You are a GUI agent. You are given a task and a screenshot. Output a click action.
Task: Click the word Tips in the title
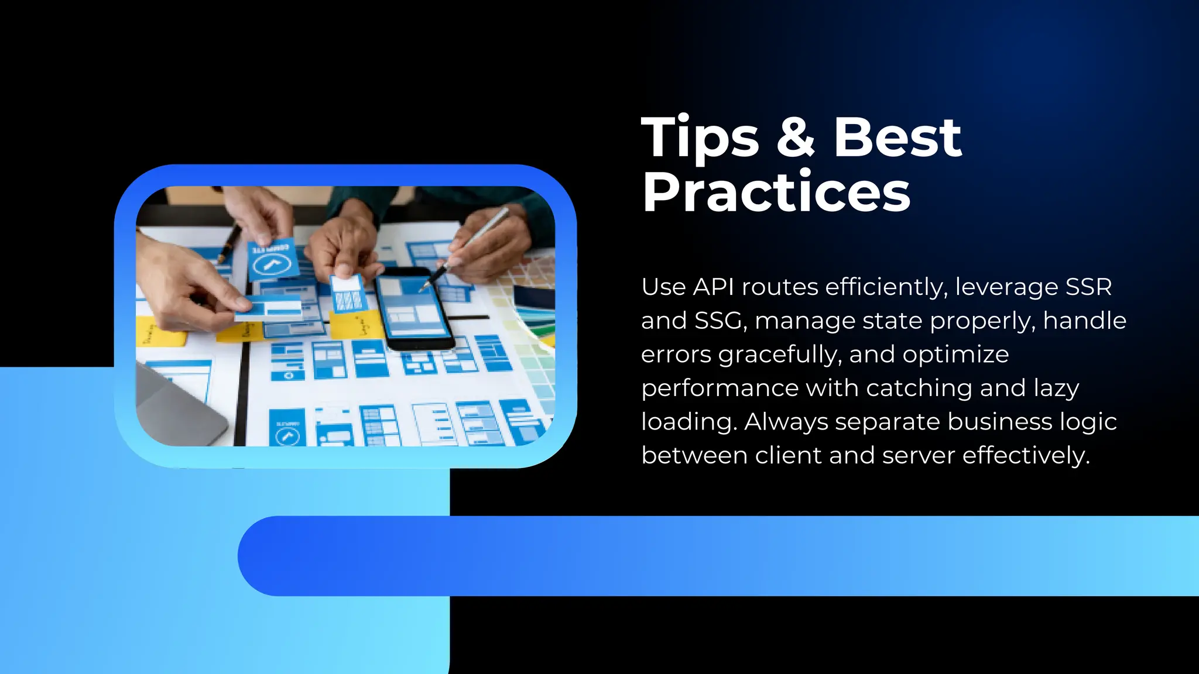(x=700, y=138)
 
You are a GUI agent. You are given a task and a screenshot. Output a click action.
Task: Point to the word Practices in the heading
(x=776, y=192)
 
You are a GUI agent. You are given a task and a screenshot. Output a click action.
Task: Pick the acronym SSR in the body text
(x=1088, y=287)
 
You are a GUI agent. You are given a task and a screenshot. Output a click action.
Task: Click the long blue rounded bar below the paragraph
(x=717, y=556)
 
